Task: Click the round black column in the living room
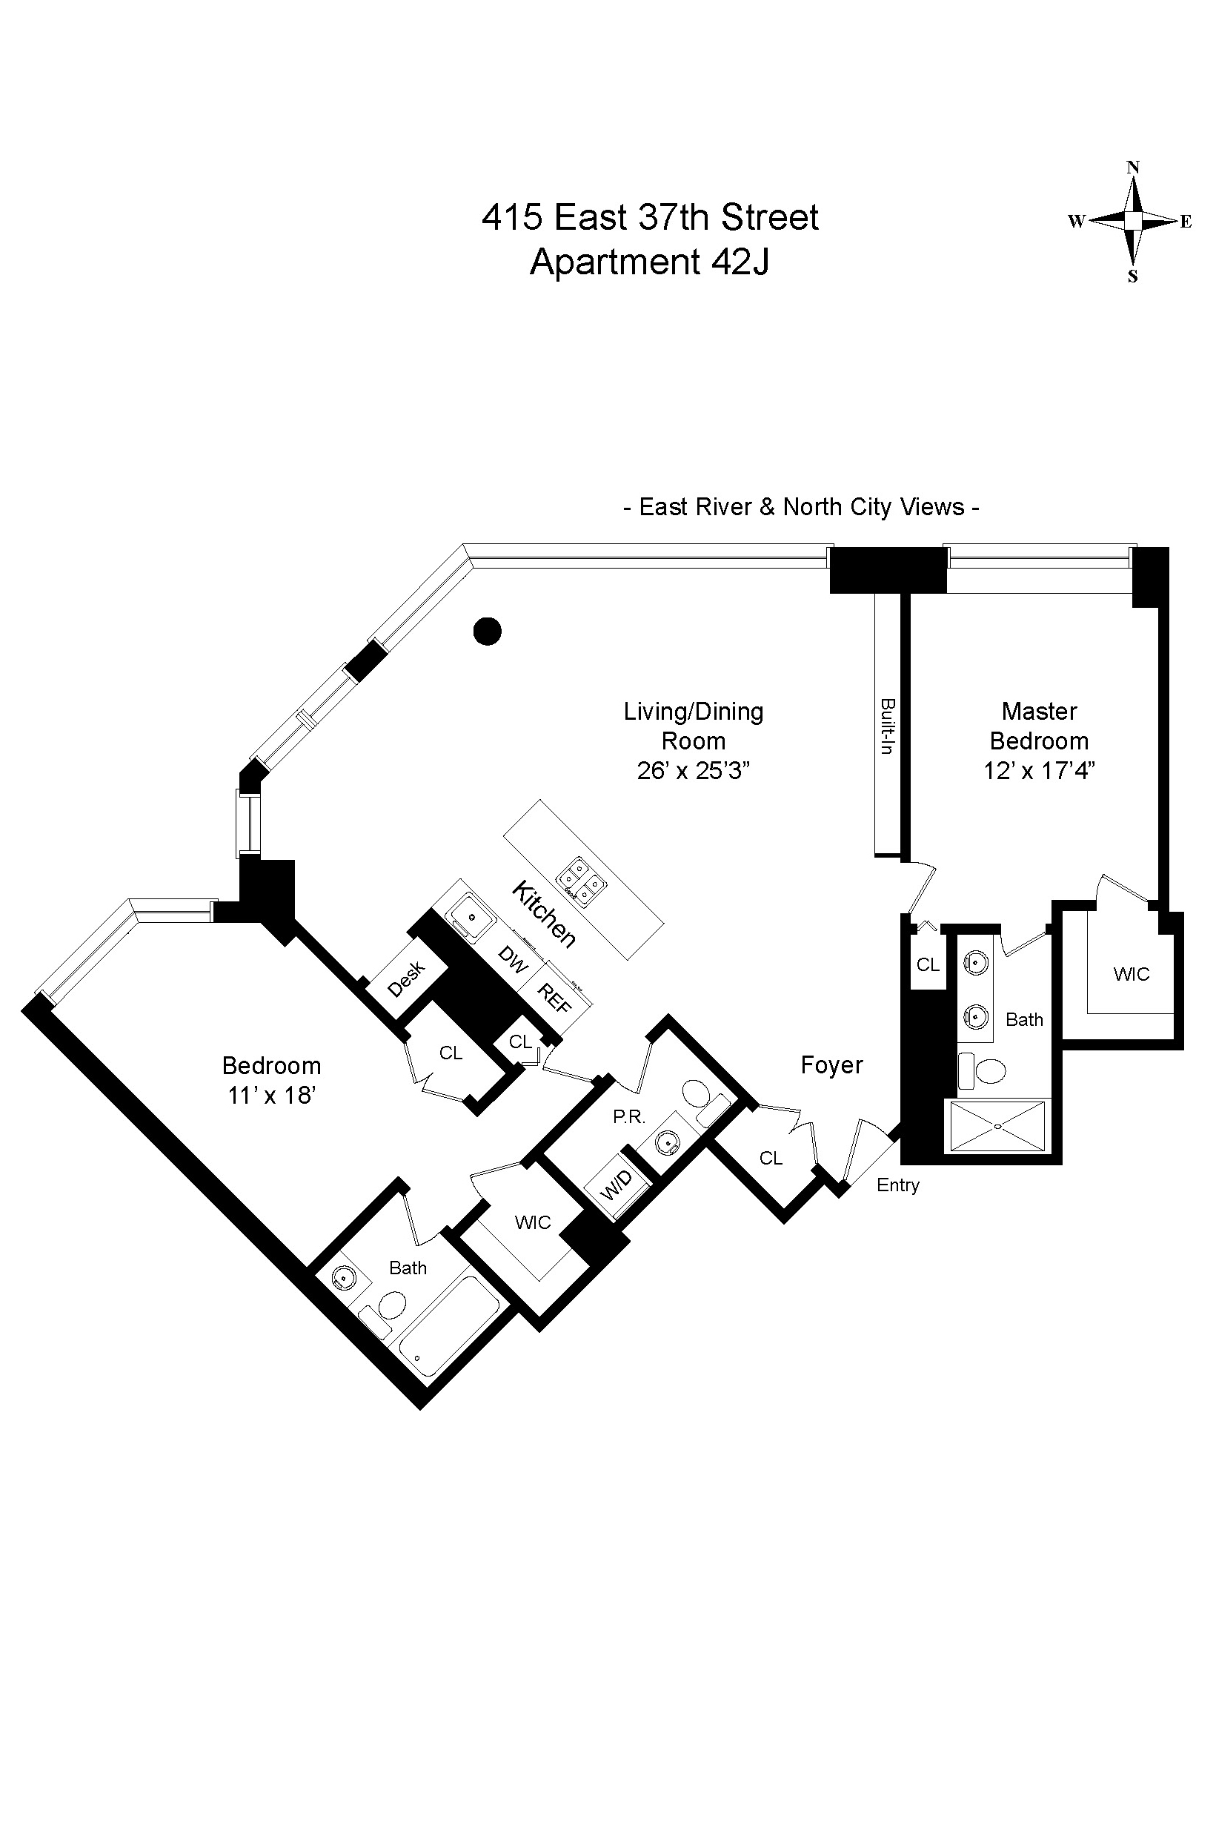[x=487, y=632]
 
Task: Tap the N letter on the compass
[x=1133, y=167]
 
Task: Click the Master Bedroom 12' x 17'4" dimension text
[x=1039, y=771]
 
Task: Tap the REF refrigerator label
[x=554, y=998]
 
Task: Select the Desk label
[x=406, y=978]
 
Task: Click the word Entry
[x=898, y=1185]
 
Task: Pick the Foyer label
[x=831, y=1065]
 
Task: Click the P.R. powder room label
[x=629, y=1117]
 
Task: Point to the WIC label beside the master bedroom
[x=1131, y=974]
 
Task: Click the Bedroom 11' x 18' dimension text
[x=270, y=1095]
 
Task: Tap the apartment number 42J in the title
[x=740, y=262]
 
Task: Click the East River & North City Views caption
[x=801, y=507]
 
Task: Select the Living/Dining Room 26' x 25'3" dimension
[x=694, y=771]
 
